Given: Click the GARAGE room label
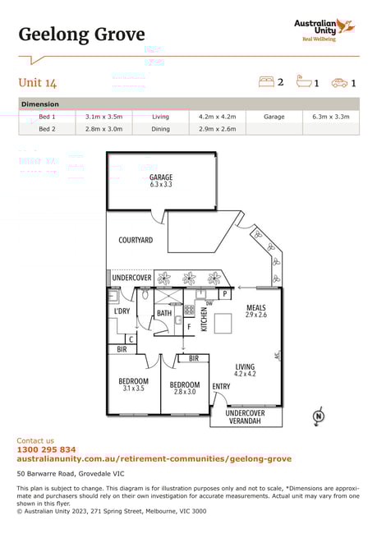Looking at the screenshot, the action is pyautogui.click(x=161, y=181).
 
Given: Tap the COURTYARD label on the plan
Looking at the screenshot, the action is pyautogui.click(x=136, y=240).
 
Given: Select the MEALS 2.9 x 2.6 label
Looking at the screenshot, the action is pyautogui.click(x=256, y=311).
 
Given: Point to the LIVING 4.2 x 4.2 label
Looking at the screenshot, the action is pyautogui.click(x=245, y=370).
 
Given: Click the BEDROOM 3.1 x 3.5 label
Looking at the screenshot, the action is pyautogui.click(x=134, y=384).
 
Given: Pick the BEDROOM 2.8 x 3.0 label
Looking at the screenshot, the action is pyautogui.click(x=185, y=389).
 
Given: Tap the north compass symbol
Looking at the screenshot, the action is pyautogui.click(x=319, y=416).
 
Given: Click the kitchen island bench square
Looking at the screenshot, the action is pyautogui.click(x=223, y=323).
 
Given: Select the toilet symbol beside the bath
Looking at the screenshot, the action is pyautogui.click(x=145, y=294).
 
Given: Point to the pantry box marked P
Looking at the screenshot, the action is pyautogui.click(x=225, y=294).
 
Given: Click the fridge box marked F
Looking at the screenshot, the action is pyautogui.click(x=189, y=327).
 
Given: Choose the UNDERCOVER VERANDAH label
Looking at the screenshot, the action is pyautogui.click(x=246, y=417).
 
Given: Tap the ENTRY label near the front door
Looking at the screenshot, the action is pyautogui.click(x=221, y=387).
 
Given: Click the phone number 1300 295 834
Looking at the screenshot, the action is pyautogui.click(x=46, y=449).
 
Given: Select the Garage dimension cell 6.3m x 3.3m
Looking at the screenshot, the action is pyautogui.click(x=331, y=117).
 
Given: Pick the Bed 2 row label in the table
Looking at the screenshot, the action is pyautogui.click(x=47, y=129).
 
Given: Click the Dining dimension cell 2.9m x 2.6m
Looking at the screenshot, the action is pyautogui.click(x=218, y=129).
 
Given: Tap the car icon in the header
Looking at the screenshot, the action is pyautogui.click(x=339, y=83).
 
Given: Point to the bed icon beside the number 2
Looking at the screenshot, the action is pyautogui.click(x=266, y=81).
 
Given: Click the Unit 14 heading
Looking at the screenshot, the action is pyautogui.click(x=38, y=83).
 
